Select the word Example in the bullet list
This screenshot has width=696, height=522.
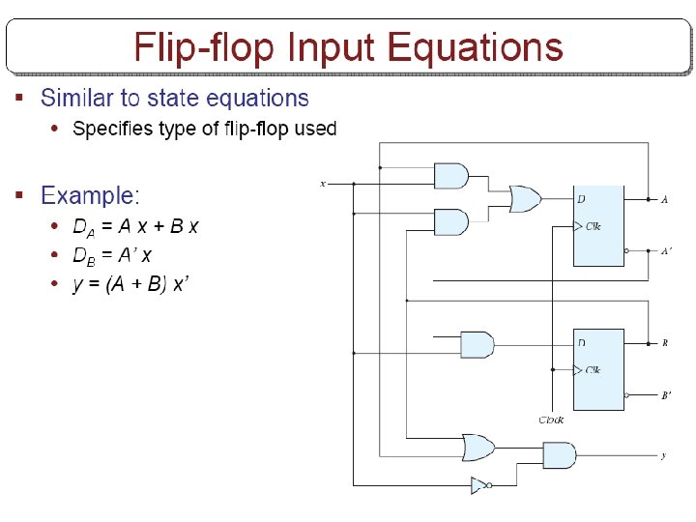88,196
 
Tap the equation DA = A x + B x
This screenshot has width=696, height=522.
135,227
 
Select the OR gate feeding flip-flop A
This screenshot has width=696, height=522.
525,199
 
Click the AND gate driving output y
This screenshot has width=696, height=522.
559,454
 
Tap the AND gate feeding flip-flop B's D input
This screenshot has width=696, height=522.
476,344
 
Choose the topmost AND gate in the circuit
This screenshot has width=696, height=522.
451,176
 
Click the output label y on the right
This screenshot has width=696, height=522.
662,455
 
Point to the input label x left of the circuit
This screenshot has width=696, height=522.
323,183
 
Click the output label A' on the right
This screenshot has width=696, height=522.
666,251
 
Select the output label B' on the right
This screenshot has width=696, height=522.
666,394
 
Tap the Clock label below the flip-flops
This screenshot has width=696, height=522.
551,420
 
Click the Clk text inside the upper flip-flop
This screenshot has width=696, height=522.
594,226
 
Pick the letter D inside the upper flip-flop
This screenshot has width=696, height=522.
582,199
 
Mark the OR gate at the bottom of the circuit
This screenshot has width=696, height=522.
478,448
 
